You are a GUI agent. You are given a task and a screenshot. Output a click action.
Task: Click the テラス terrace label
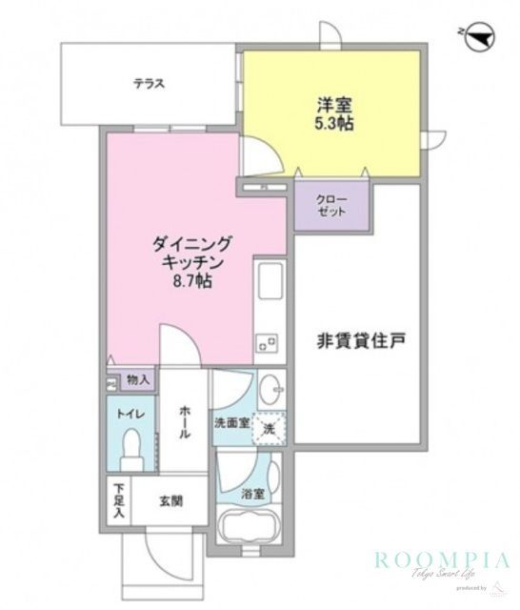coord(150,83)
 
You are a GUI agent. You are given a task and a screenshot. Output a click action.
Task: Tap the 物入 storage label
coord(138,380)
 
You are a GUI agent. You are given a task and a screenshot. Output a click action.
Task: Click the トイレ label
coord(130,414)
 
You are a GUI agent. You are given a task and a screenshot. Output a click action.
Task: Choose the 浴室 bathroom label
coord(252,495)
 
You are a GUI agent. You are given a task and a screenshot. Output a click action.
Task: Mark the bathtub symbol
coord(250,530)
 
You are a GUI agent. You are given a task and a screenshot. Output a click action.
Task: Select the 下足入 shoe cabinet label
coord(119,499)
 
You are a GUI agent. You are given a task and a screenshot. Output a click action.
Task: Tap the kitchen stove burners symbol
coord(266,338)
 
